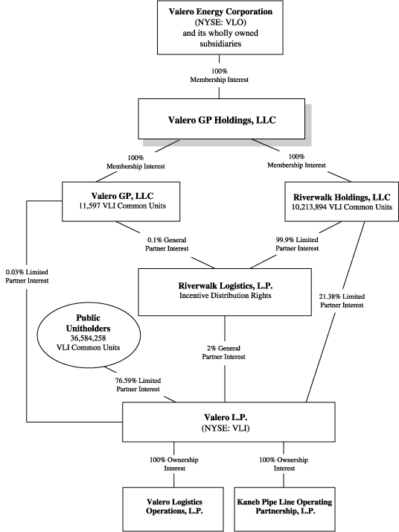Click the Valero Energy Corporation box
point(220,28)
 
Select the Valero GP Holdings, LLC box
point(221,118)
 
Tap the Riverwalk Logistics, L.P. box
point(225,292)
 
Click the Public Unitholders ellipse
point(88,335)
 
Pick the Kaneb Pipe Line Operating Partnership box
point(285,509)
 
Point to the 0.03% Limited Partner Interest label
point(27,276)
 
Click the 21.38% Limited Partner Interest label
point(342,300)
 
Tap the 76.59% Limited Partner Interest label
point(138,384)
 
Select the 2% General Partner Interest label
point(224,352)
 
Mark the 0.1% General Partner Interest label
point(167,244)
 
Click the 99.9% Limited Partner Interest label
point(297,244)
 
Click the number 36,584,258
point(88,338)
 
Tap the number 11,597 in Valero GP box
point(89,206)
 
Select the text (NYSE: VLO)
point(220,22)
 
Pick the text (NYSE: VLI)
point(226,428)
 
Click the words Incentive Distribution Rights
point(226,296)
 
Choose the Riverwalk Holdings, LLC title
point(342,197)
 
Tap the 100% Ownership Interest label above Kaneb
point(284,464)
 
